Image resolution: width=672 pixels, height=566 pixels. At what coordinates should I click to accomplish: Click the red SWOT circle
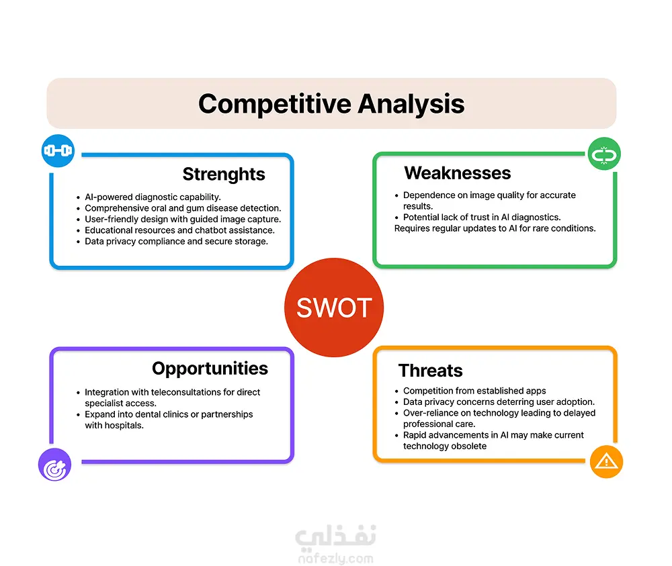(x=334, y=308)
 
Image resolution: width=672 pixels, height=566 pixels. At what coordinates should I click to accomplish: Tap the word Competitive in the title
(x=275, y=104)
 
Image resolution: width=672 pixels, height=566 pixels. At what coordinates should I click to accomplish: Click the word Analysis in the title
(x=411, y=104)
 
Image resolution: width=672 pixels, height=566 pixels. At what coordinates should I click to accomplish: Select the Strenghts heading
(x=224, y=175)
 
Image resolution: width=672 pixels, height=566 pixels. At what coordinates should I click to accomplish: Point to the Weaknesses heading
(x=457, y=173)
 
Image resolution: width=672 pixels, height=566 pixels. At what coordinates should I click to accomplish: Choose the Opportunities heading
(x=210, y=369)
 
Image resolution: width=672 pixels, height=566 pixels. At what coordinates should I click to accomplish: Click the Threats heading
(x=430, y=371)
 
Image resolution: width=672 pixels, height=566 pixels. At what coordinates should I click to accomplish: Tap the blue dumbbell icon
(x=58, y=150)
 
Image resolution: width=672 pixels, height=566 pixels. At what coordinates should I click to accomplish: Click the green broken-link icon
(x=604, y=154)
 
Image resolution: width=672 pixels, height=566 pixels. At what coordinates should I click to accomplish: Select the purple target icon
(x=55, y=465)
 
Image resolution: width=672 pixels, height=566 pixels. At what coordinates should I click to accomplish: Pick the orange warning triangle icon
(x=606, y=462)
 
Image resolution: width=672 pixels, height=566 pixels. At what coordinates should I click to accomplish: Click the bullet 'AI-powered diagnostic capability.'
(x=153, y=197)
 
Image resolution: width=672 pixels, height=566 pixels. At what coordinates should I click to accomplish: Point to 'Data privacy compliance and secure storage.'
(x=176, y=242)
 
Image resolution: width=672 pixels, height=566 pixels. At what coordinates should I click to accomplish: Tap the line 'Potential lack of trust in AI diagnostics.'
(x=482, y=218)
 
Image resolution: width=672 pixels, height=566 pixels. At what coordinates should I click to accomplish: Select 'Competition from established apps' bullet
(x=474, y=391)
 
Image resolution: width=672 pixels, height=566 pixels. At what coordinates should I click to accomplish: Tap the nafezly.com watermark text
(x=335, y=559)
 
